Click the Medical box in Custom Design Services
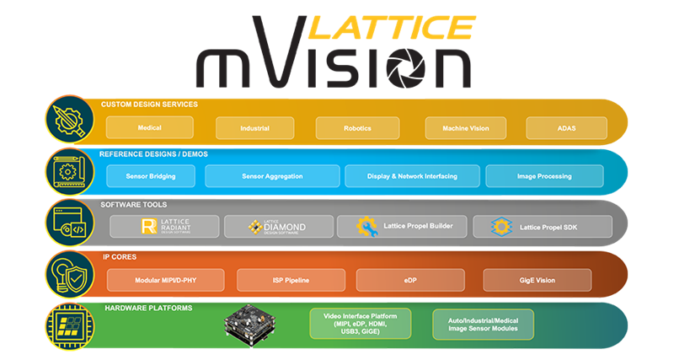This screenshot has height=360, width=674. (150, 127)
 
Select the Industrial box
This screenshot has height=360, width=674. (254, 128)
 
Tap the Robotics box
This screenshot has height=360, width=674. (356, 128)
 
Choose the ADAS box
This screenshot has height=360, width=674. (566, 128)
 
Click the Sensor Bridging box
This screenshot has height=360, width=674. (152, 176)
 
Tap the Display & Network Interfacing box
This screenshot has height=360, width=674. (412, 176)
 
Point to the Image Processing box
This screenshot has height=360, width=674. (544, 176)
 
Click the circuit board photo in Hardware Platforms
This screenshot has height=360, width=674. (253, 325)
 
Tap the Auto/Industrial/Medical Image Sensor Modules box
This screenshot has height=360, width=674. (483, 325)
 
